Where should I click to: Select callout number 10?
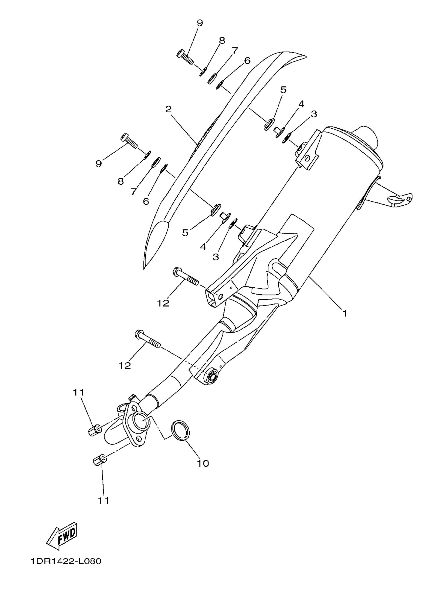coord(203,463)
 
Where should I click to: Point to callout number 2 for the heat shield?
coord(168,109)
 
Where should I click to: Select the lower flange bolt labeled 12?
coord(148,339)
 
